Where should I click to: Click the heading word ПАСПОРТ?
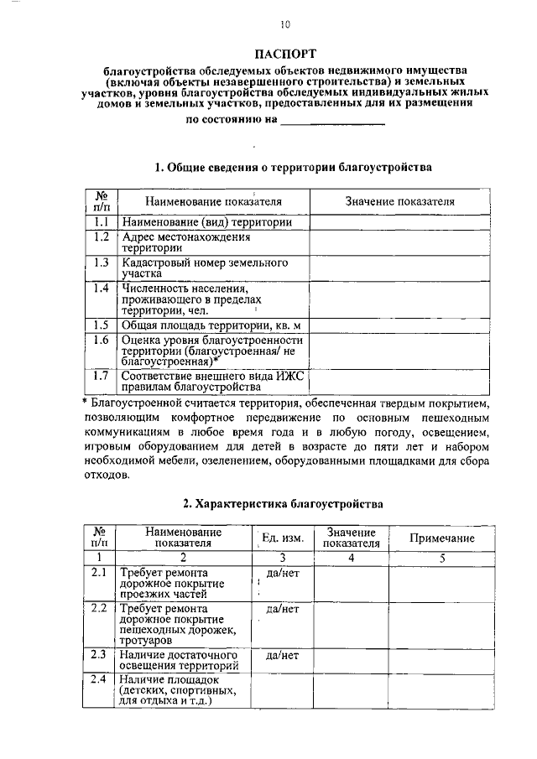[x=284, y=53]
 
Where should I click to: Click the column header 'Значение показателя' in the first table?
[x=399, y=202]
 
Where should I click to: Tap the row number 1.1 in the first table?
[x=102, y=222]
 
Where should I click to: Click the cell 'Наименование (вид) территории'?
[x=206, y=223]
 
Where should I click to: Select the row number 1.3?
[x=102, y=263]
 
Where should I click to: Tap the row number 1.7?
[x=102, y=376]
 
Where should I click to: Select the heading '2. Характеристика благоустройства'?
[x=284, y=504]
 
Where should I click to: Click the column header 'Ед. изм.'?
[x=283, y=538]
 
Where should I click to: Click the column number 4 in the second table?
[x=352, y=558]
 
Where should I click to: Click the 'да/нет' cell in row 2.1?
[x=283, y=572]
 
